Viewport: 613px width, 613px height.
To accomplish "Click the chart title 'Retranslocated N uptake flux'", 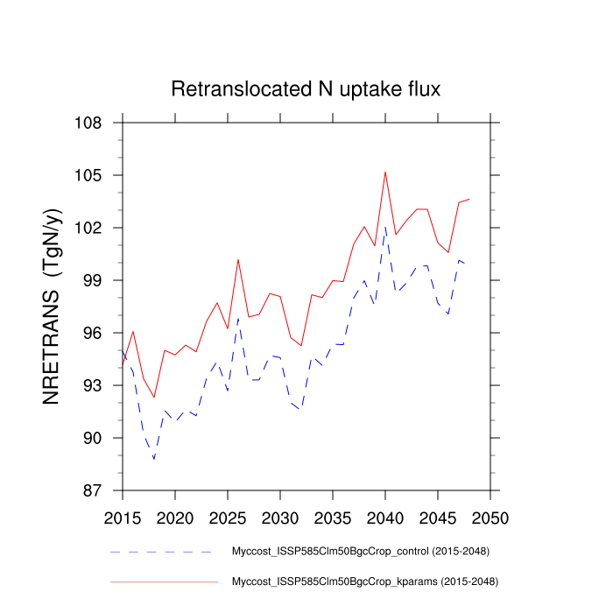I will coord(305,89).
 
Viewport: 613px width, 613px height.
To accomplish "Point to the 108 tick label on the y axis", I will coord(88,123).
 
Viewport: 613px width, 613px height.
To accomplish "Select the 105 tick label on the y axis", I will coord(88,175).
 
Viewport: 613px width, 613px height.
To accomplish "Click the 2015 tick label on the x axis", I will coord(123,514).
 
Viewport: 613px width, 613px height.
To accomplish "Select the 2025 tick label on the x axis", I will coord(228,514).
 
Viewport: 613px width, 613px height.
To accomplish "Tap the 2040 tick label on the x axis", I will coord(385,514).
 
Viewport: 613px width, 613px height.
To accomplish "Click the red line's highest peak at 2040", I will coord(385,172).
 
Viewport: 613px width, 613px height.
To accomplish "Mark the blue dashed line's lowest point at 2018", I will coord(154,459).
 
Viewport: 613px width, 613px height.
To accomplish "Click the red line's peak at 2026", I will coord(238,259).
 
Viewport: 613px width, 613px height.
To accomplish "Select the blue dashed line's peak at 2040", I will coord(385,227).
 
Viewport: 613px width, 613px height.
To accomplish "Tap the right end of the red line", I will coord(469,199).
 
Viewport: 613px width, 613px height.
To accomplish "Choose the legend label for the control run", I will coord(359,552).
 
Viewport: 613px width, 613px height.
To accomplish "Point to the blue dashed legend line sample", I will coord(162,553).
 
